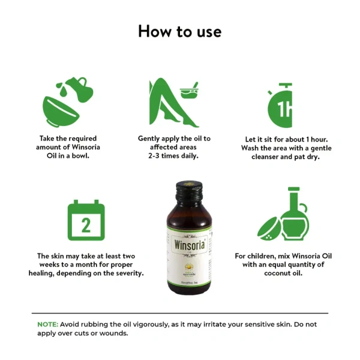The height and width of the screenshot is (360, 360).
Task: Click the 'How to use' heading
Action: (x=179, y=31)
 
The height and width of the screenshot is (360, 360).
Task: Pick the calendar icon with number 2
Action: (x=86, y=220)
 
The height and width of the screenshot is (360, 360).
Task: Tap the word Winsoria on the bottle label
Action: (x=180, y=245)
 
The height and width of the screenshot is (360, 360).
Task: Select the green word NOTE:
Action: (x=47, y=324)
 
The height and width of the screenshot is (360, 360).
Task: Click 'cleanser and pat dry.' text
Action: (x=286, y=157)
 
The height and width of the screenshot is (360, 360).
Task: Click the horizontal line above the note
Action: (x=179, y=313)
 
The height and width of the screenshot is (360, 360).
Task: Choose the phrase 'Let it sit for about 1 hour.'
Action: (x=286, y=139)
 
